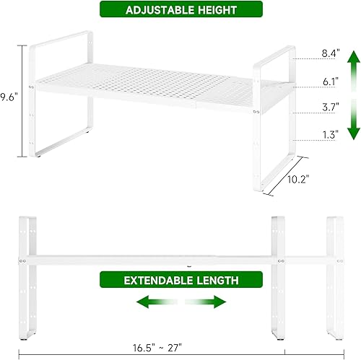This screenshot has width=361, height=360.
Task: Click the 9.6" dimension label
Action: click(9, 95)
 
